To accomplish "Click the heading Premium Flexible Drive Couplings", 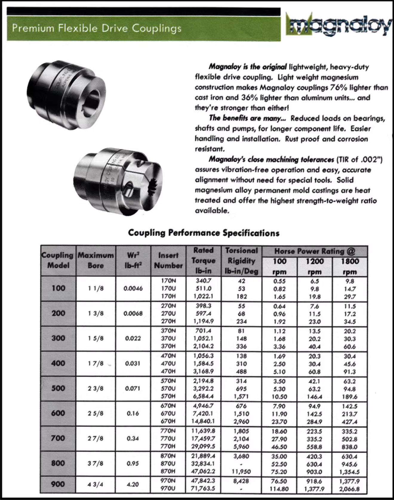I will coord(97,28).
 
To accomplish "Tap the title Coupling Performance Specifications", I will coord(204,233).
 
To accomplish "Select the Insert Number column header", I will coord(168,260).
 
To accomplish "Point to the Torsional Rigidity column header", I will coord(241,260).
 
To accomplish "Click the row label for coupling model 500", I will coord(58,388).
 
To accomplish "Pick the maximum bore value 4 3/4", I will coord(96,484).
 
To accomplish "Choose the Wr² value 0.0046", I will coord(133,288).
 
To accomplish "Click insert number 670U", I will coord(168,413).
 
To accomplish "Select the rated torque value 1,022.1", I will coord(203,296).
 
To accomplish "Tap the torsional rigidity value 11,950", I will coord(241,472).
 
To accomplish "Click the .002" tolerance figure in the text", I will coord(371,160).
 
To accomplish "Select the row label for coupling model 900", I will coord(58,484).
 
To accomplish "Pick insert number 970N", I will coord(168,481).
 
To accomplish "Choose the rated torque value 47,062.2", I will coord(203,472).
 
